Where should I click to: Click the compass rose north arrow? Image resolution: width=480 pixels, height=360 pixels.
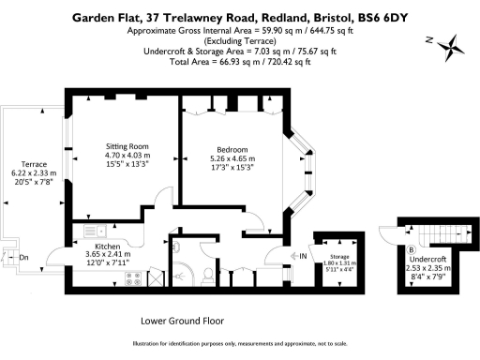coord(451,44)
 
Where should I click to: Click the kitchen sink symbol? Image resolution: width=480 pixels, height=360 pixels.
coord(95,230)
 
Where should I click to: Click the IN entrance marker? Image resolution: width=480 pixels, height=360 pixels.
coord(303,255)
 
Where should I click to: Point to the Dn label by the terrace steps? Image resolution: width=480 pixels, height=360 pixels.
coord(24,256)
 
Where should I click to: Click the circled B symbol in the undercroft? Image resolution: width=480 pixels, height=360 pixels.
coord(412,248)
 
